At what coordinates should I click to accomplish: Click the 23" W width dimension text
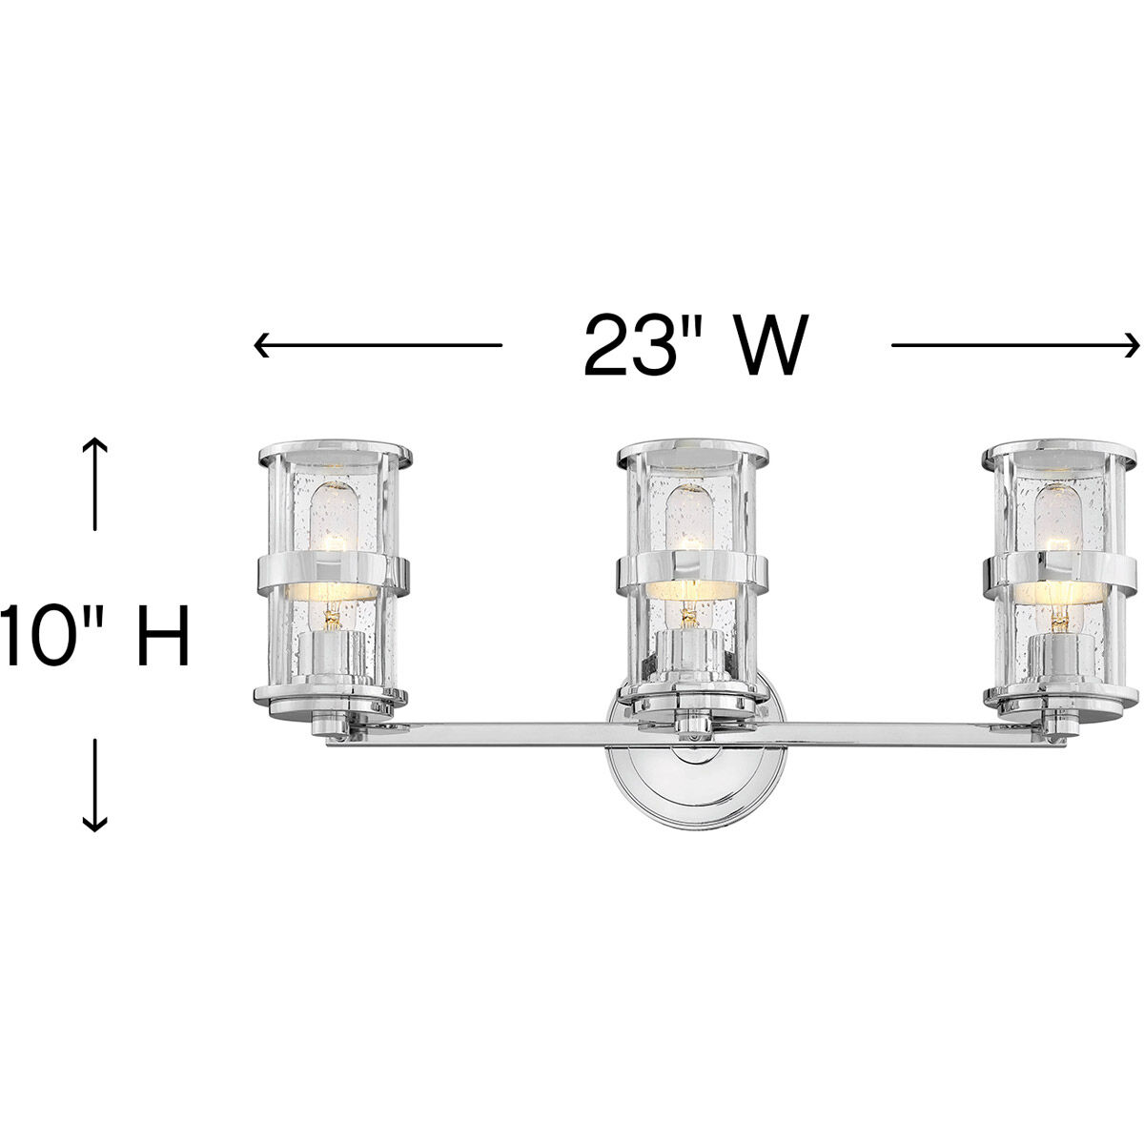point(695,344)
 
